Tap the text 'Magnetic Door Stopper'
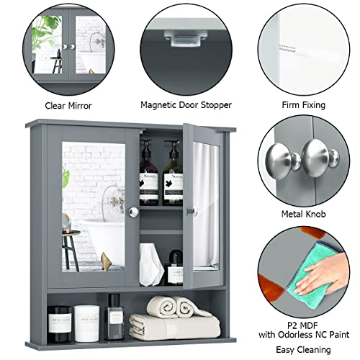[186, 105]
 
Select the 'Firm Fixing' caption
[297, 105]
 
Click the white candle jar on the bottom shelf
[86, 314]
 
